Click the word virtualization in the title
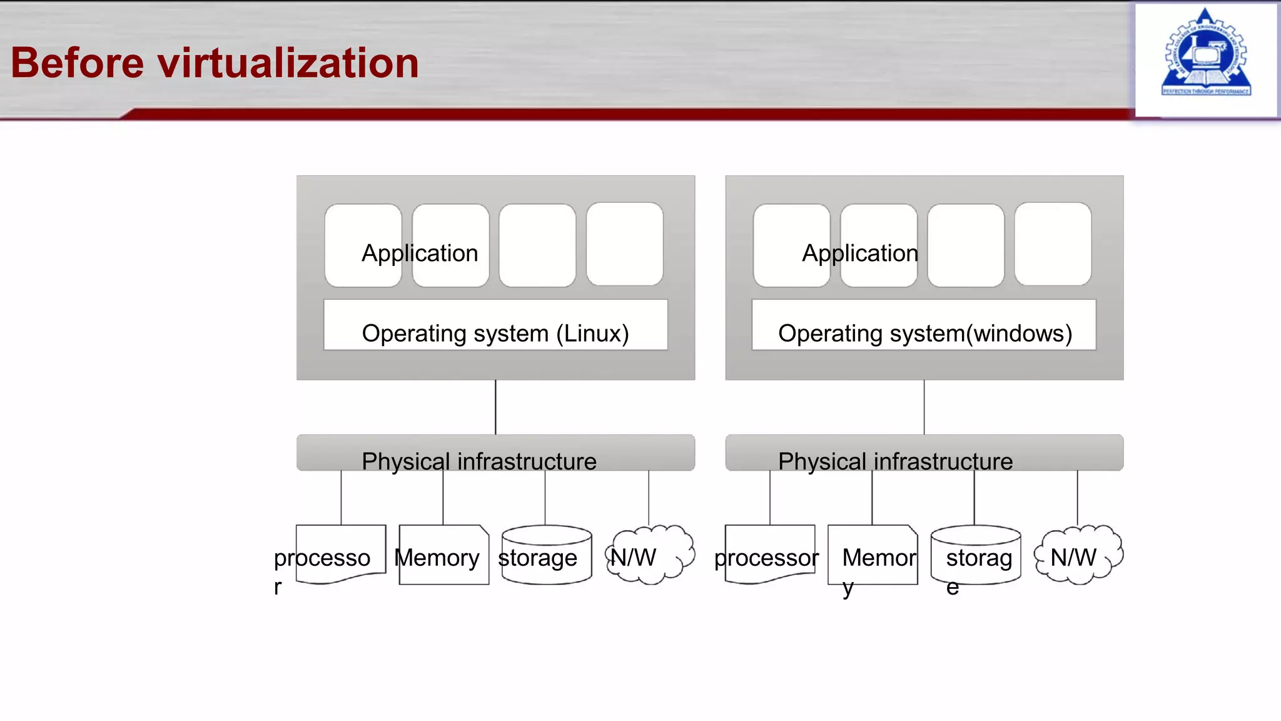[288, 63]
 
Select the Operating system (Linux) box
[495, 325]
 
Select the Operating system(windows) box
[924, 325]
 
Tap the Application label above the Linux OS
[420, 253]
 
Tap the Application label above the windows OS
[860, 253]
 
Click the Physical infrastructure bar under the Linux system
[495, 453]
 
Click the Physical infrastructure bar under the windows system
[924, 453]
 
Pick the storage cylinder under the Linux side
[546, 556]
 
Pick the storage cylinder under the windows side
[976, 556]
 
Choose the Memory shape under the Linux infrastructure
[443, 556]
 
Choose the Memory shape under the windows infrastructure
[873, 556]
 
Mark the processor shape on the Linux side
[341, 554]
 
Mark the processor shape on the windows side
[769, 554]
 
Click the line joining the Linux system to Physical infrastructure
[495, 407]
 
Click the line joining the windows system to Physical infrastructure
[924, 407]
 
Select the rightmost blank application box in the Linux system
[624, 244]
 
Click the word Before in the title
[78, 63]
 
